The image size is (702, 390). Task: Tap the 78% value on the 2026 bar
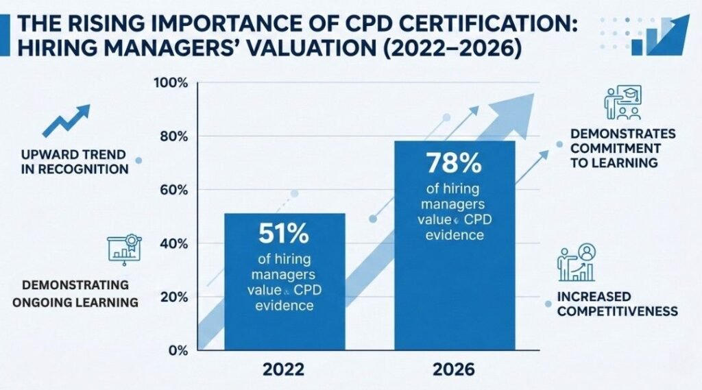[x=454, y=163]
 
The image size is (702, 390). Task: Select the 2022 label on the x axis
[x=284, y=369]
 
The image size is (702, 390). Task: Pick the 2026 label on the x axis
[x=454, y=369]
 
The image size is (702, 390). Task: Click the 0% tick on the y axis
[x=178, y=351]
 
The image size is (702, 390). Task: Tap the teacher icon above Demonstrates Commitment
[x=622, y=103]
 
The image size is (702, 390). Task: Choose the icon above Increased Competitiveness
[x=577, y=263]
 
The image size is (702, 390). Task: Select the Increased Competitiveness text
[x=618, y=304]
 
